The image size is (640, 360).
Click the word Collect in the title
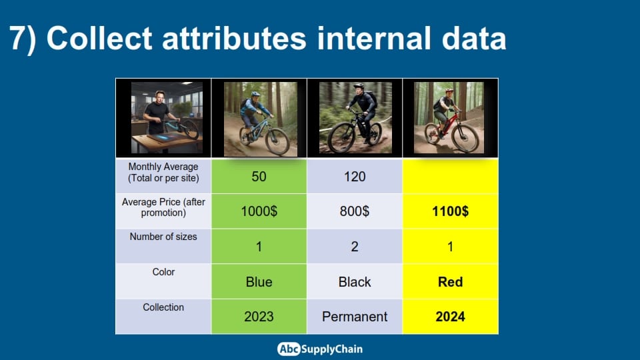pyautogui.click(x=99, y=39)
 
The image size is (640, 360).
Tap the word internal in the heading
pyautogui.click(x=373, y=39)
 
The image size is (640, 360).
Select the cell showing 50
pyautogui.click(x=259, y=176)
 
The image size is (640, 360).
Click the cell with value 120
pyautogui.click(x=355, y=176)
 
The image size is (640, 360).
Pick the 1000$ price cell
pyautogui.click(x=259, y=211)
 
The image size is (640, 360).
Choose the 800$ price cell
pyautogui.click(x=355, y=211)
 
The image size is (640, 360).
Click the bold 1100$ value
pyautogui.click(x=450, y=211)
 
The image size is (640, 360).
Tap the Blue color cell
pyautogui.click(x=259, y=281)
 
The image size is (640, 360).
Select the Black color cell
pyautogui.click(x=355, y=281)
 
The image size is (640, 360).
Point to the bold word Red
pyautogui.click(x=450, y=281)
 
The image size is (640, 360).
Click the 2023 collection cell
pyautogui.click(x=259, y=317)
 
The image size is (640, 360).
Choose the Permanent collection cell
pyautogui.click(x=355, y=317)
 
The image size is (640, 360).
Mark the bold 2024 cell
pyautogui.click(x=450, y=317)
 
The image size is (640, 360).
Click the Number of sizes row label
pyautogui.click(x=163, y=237)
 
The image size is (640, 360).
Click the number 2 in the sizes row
pyautogui.click(x=355, y=247)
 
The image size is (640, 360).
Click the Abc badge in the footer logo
pyautogui.click(x=289, y=349)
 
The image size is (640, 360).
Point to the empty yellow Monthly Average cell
pyautogui.click(x=450, y=176)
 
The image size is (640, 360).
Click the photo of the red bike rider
pyautogui.click(x=449, y=117)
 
